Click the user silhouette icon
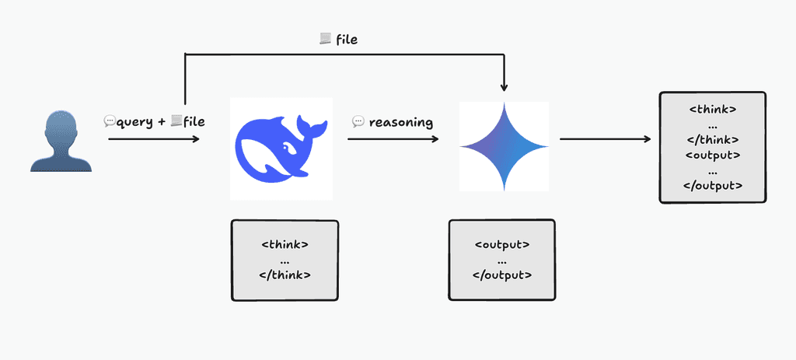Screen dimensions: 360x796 coord(61,141)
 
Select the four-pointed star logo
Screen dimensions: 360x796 coord(504,146)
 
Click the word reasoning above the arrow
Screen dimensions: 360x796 coord(401,122)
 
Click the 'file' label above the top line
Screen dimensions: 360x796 coord(346,39)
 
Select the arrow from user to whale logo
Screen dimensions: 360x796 coord(154,139)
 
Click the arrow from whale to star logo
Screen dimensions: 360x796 coord(393,140)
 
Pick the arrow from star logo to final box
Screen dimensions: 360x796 coord(606,140)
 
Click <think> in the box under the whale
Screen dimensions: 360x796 coord(285,244)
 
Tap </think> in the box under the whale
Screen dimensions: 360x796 coord(285,274)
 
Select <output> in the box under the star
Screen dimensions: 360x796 coord(502,244)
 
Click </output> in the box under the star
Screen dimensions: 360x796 coord(502,274)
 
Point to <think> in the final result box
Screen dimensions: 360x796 coord(713,110)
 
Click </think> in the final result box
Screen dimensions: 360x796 coord(713,140)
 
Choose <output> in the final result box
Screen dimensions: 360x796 coord(713,155)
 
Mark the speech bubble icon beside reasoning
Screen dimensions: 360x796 coord(358,122)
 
